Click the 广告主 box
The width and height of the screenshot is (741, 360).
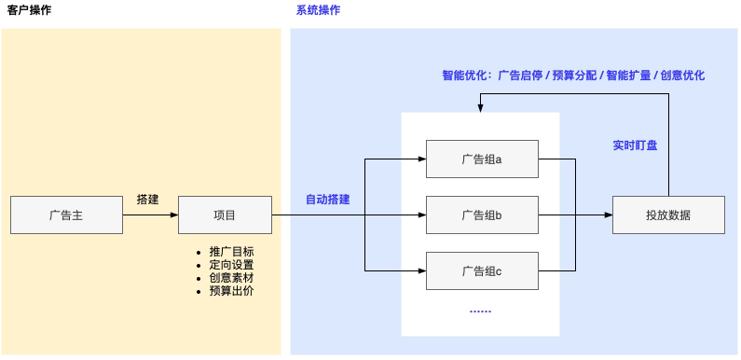[66, 215]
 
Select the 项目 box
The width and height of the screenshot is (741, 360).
[225, 215]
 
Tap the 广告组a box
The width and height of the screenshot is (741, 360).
[482, 159]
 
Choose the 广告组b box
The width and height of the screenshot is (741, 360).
[482, 215]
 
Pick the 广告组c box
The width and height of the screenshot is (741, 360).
[482, 270]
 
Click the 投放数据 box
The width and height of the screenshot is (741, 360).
[668, 215]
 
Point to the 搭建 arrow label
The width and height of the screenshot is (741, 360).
[148, 199]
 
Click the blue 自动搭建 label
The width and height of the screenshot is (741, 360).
[327, 200]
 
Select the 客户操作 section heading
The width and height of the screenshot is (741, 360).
[29, 10]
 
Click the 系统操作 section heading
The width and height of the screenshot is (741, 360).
[318, 10]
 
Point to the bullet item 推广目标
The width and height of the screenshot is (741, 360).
[231, 252]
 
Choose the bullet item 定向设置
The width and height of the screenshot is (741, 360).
[231, 265]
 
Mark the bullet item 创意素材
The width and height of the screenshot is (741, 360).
[231, 278]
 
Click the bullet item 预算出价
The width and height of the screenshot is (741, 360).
[231, 291]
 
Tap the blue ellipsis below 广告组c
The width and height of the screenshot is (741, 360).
[480, 310]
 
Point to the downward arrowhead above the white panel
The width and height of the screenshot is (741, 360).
[481, 108]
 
